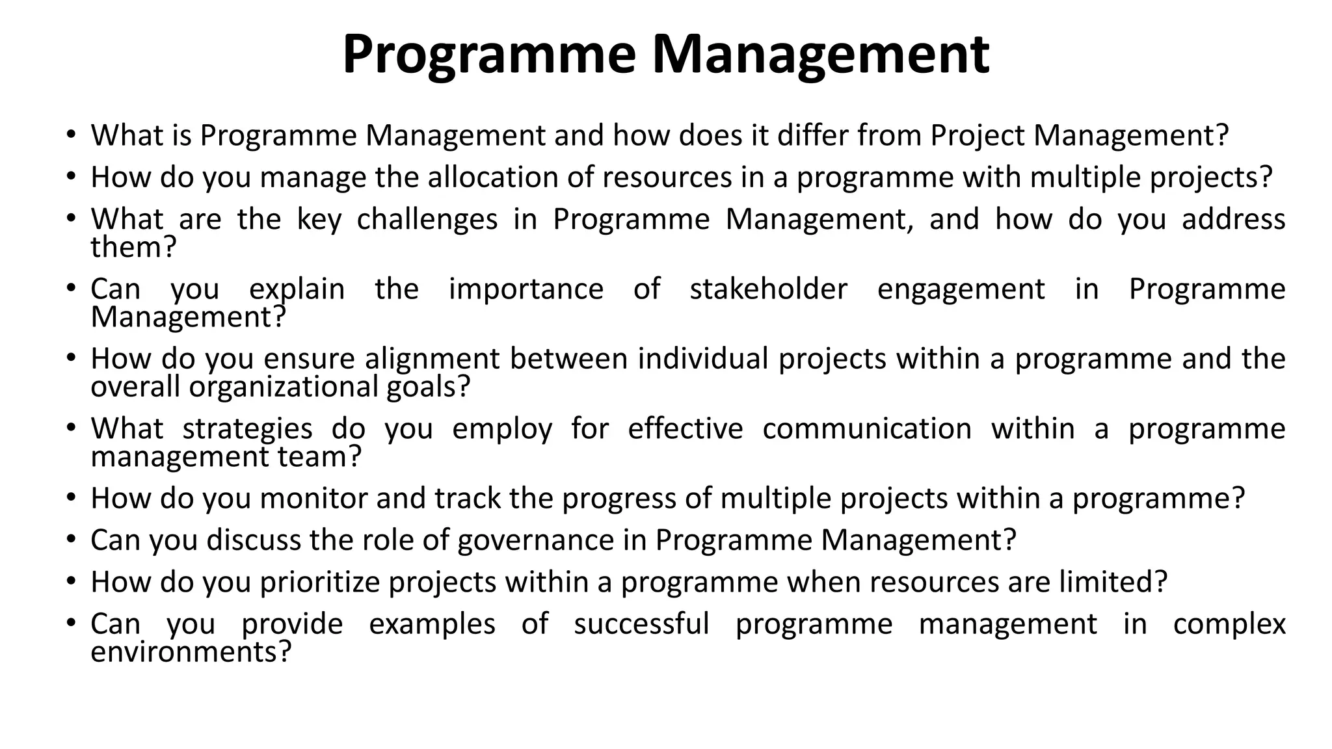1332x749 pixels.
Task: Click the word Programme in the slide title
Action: pos(488,55)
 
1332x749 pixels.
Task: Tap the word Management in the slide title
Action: pos(821,55)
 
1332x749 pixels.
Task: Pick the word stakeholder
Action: pos(768,289)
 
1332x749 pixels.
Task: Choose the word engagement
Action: pos(961,290)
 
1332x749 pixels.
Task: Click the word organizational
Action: pos(284,388)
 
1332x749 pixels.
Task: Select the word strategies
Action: pos(247,429)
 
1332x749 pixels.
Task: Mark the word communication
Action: pos(867,428)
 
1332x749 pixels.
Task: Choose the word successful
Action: pos(641,624)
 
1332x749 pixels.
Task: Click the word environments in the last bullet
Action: pos(190,652)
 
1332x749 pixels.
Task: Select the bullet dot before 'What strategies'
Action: pos(71,429)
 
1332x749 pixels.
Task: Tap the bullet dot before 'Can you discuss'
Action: pos(71,540)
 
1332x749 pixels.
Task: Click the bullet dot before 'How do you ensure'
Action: pos(71,359)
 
